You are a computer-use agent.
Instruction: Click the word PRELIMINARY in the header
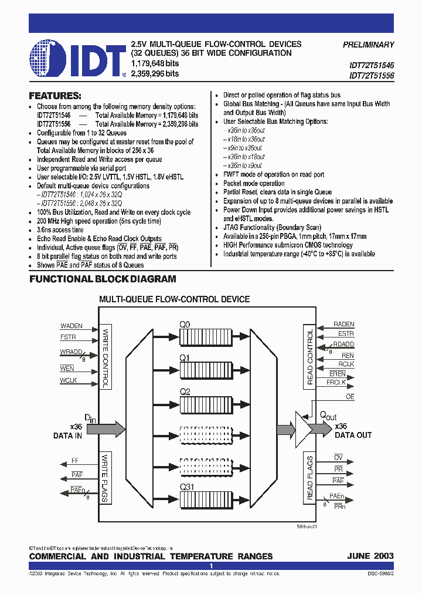pos(368,45)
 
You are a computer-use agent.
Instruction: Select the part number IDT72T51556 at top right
pos(372,76)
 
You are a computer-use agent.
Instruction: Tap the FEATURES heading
pos(55,96)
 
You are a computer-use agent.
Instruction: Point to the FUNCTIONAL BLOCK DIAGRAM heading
pos(103,279)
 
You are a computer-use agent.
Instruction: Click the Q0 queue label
pos(185,323)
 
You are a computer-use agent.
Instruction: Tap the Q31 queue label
pos(188,487)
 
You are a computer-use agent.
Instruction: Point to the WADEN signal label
pos(72,326)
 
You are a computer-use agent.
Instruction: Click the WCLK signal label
pos(68,381)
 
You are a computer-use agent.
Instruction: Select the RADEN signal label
pos(343,324)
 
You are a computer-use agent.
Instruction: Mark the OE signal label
pos(350,397)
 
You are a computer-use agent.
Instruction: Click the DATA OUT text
pos(353,435)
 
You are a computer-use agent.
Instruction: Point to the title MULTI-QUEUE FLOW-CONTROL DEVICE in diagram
pos(174,299)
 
